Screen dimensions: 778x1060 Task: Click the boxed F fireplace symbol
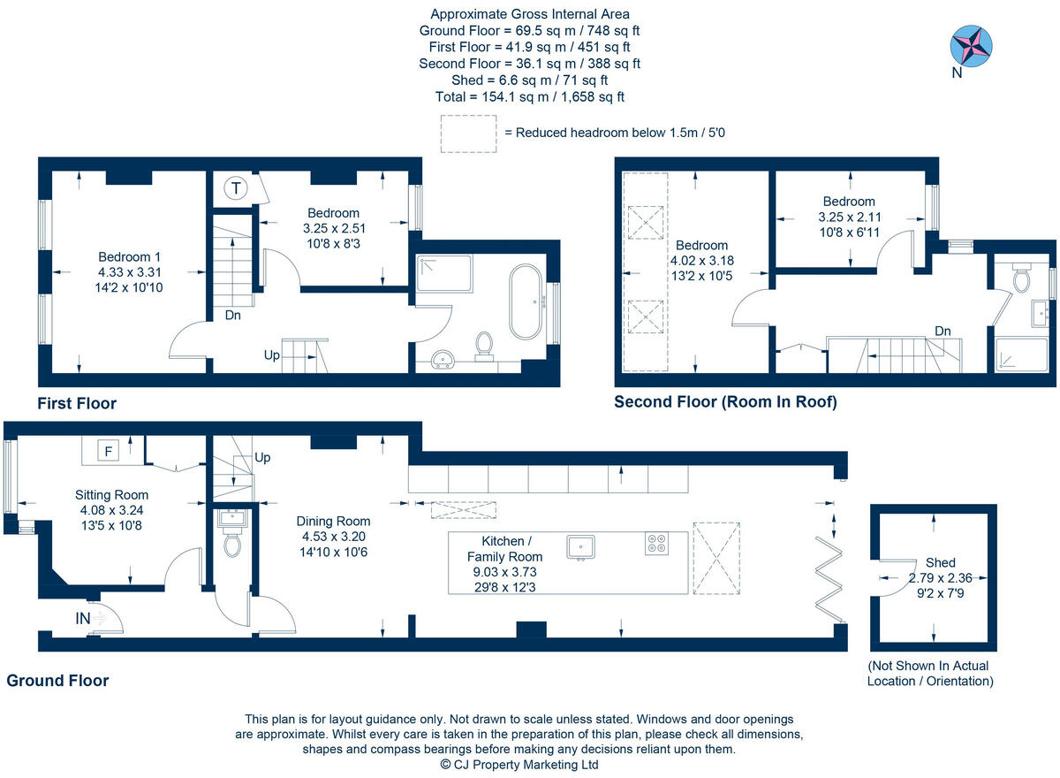point(108,451)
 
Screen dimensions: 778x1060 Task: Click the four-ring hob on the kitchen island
point(657,545)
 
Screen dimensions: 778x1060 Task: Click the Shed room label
point(940,562)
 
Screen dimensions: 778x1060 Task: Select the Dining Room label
point(333,521)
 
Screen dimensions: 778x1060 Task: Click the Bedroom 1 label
point(129,256)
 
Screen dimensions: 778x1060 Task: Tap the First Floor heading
point(77,403)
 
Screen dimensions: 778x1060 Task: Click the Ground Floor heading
point(57,681)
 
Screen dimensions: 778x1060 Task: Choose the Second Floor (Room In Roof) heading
point(725,402)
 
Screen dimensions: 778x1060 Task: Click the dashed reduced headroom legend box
point(467,133)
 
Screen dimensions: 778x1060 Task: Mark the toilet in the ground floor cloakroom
point(233,545)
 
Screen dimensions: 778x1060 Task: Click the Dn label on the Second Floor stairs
point(943,331)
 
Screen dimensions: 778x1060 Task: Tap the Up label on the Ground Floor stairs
point(262,458)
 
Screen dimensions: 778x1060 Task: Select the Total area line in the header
point(530,97)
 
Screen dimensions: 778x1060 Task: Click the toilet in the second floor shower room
point(1023,279)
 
